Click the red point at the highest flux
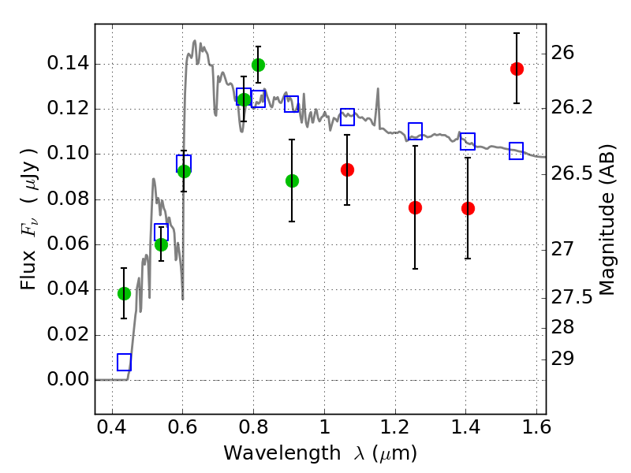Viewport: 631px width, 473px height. click(517, 69)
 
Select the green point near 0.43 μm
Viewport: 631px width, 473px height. click(124, 293)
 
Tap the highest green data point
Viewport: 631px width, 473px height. click(258, 65)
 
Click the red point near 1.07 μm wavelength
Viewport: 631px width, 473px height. click(347, 169)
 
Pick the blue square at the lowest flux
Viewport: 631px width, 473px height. click(124, 362)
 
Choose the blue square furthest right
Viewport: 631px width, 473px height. click(517, 151)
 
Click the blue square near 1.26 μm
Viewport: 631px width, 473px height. click(416, 131)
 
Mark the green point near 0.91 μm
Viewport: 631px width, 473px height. click(292, 181)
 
